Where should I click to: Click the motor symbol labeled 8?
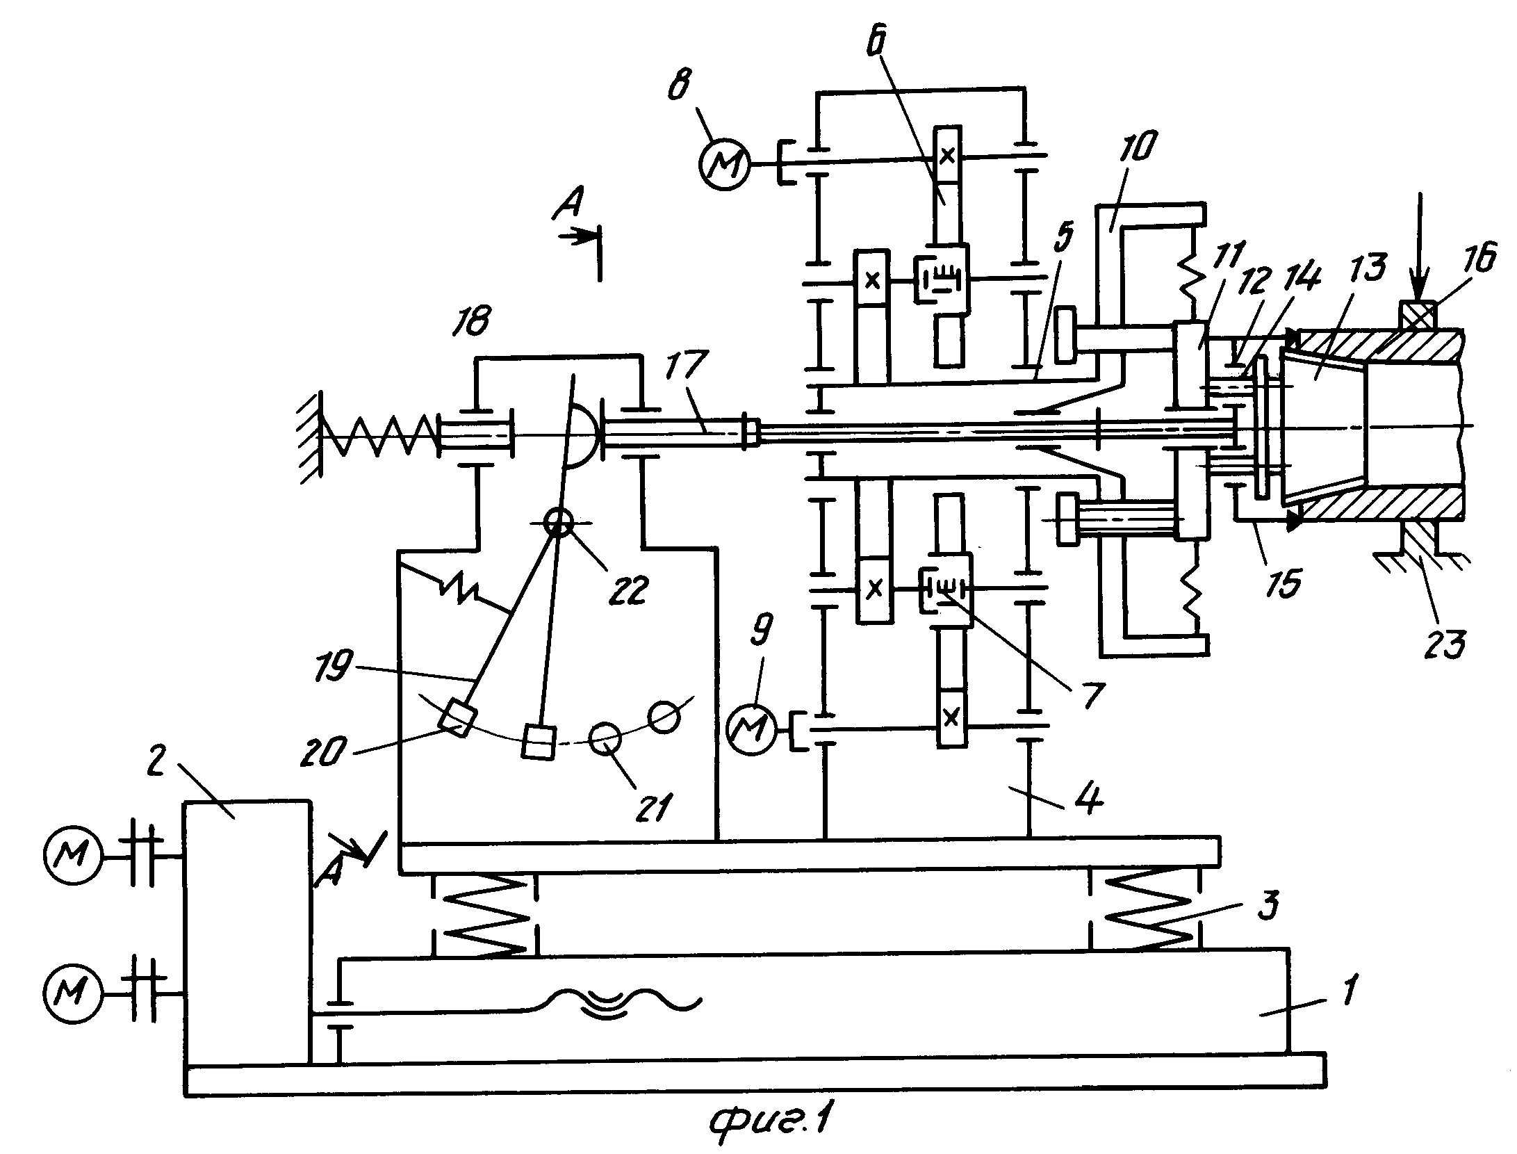724,163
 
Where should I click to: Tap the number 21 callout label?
655,806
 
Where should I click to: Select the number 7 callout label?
1086,693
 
